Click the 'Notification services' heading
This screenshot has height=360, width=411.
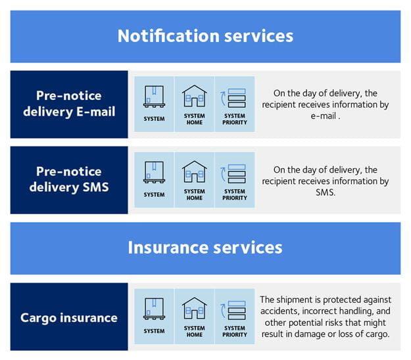pos(205,36)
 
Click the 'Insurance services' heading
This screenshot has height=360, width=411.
pos(205,248)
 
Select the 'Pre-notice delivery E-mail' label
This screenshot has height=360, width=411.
pos(69,104)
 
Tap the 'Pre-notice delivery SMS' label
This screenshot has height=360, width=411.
pos(69,179)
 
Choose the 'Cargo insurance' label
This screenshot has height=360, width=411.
pos(69,318)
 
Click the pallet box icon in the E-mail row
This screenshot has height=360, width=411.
pos(154,97)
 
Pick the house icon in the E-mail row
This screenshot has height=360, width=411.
pos(195,96)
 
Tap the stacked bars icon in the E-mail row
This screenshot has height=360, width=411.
pos(233,98)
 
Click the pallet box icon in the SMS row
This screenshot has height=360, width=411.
pos(154,172)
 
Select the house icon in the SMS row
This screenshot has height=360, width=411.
pos(195,171)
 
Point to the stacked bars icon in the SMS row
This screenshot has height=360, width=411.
pos(233,174)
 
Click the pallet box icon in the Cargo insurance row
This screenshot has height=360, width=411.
pos(154,309)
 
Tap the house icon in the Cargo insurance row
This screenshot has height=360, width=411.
pos(195,308)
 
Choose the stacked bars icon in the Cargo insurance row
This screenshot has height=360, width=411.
pos(233,310)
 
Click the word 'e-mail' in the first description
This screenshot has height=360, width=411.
pos(323,116)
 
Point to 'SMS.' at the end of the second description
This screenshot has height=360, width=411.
pos(326,192)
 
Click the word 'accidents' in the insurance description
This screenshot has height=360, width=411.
pos(280,311)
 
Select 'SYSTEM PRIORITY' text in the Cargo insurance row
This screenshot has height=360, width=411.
pos(235,331)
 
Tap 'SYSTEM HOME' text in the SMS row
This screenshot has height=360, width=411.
pos(195,194)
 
